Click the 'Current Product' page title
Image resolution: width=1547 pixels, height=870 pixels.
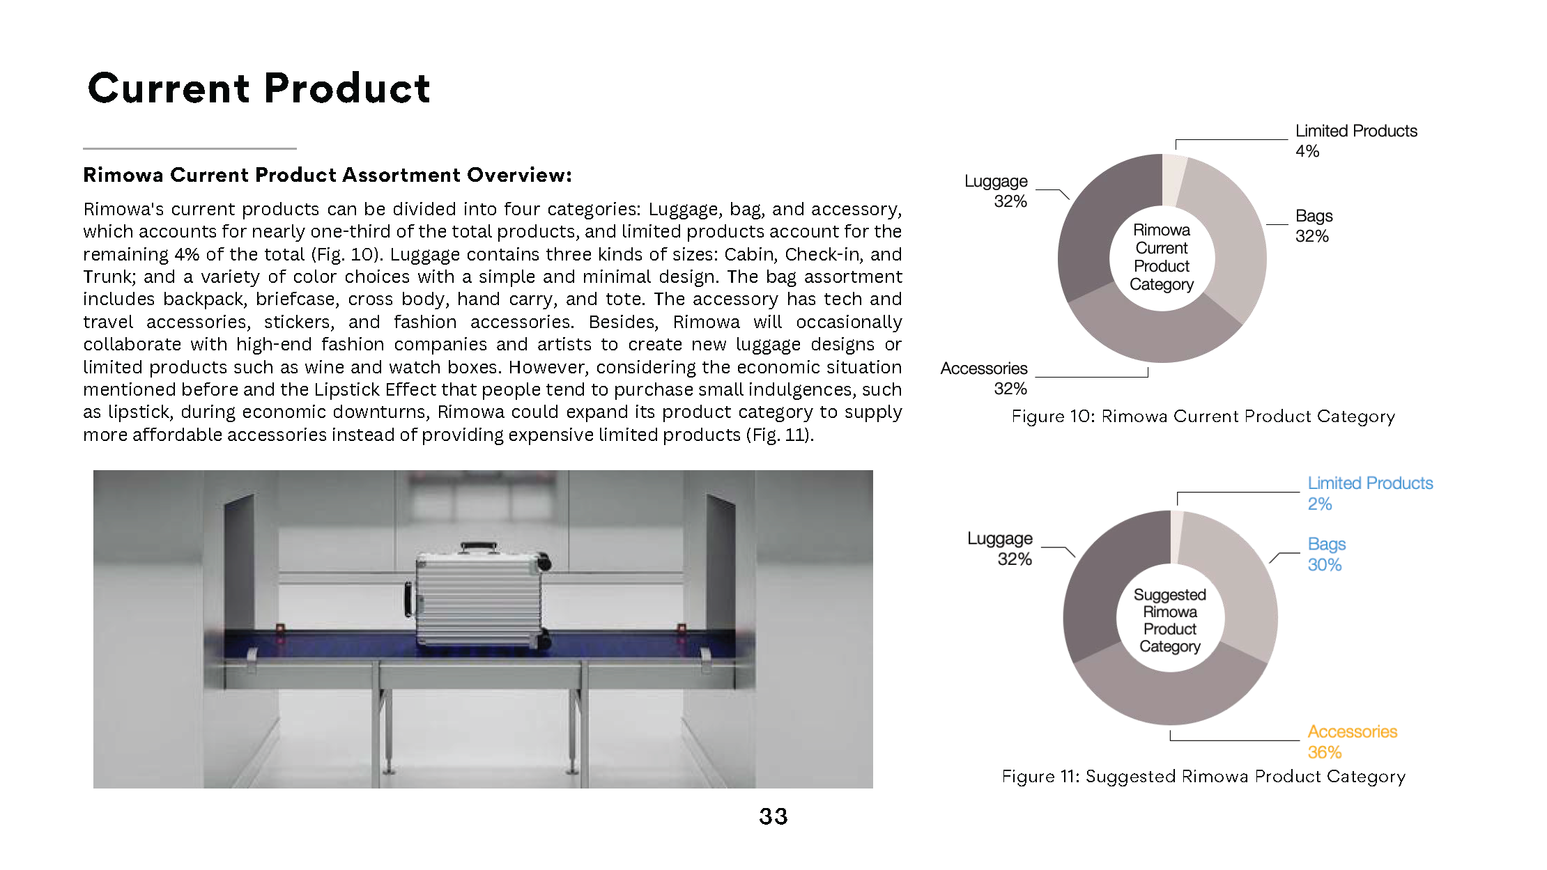[259, 88]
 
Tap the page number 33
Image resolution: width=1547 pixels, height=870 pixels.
[773, 816]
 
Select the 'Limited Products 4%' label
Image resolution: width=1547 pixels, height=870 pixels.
[1355, 141]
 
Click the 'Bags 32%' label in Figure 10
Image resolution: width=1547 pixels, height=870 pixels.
[1314, 226]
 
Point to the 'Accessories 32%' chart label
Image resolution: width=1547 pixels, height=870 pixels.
[984, 378]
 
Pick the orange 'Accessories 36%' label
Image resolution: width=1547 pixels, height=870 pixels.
[1352, 742]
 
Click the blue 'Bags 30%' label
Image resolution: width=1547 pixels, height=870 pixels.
[1326, 554]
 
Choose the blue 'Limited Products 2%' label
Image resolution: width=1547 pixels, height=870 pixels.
[1369, 493]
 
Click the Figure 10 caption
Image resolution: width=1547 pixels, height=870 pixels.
[1203, 417]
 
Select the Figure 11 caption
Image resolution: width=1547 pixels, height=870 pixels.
[1203, 777]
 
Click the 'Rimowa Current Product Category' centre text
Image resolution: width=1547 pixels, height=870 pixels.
[1162, 257]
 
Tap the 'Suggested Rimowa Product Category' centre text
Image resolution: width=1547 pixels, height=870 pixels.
[1170, 620]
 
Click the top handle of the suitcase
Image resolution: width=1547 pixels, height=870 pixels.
[479, 547]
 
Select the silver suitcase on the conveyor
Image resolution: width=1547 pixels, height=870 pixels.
[479, 599]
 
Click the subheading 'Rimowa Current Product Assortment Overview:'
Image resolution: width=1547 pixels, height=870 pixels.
[327, 175]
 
